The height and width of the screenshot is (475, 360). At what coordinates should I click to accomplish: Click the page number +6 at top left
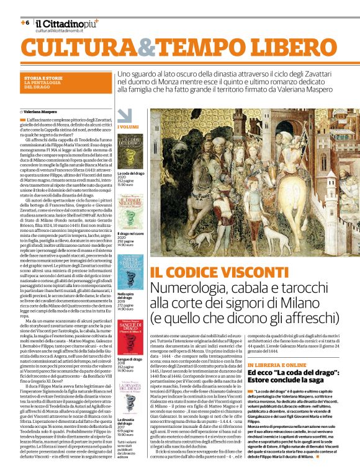[x=25, y=22]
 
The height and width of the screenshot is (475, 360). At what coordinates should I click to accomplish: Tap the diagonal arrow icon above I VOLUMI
[x=125, y=115]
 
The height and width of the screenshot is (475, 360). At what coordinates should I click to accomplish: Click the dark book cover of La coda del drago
[x=130, y=151]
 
